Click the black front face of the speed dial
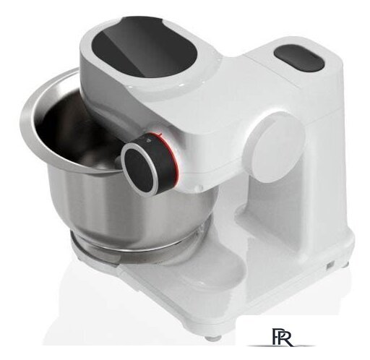139,168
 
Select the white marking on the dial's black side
148,139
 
